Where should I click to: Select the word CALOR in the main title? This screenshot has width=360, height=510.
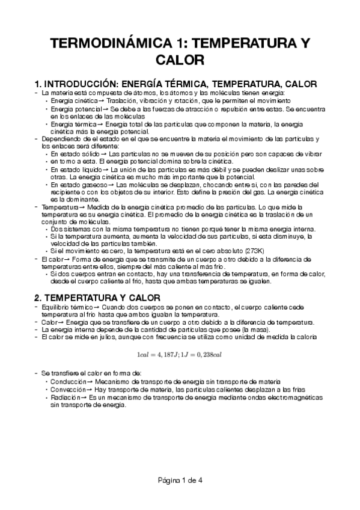pos(180,60)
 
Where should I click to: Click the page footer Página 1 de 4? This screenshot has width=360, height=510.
pos(180,479)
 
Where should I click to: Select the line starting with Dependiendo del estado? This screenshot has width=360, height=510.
pos(180,139)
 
